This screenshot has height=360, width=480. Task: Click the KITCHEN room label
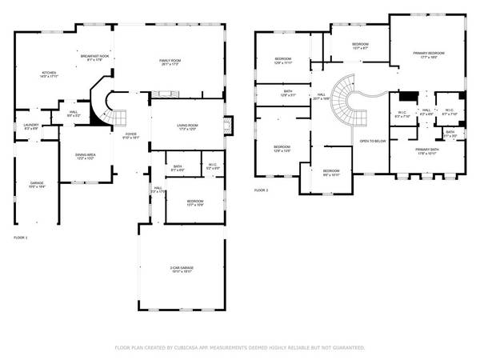(x=50, y=74)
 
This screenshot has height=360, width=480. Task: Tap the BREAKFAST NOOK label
(x=94, y=55)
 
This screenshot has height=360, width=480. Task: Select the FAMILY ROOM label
(x=170, y=61)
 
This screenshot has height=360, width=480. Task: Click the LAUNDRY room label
(x=31, y=125)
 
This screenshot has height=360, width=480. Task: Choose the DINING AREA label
(x=86, y=154)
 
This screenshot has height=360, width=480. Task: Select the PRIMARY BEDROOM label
(x=429, y=53)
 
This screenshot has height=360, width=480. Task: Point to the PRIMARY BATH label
(x=428, y=150)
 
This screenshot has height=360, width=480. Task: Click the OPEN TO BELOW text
(x=374, y=141)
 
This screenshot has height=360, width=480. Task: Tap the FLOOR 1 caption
(x=21, y=238)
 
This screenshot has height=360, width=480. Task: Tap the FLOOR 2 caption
(x=262, y=190)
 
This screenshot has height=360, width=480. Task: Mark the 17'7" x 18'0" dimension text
(x=429, y=58)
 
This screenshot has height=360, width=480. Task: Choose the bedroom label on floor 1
(x=195, y=202)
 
